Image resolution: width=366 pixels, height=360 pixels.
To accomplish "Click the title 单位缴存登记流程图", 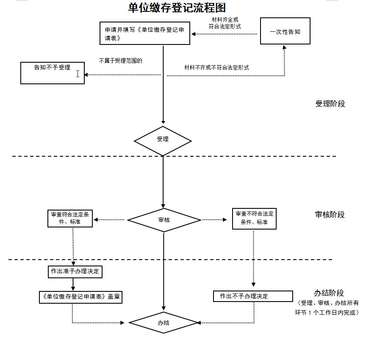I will click(177, 8).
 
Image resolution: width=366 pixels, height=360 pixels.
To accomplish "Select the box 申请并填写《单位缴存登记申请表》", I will click(144, 33).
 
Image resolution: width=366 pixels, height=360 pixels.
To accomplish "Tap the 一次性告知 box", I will click(285, 31).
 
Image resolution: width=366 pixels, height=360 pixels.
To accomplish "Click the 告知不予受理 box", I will click(53, 73).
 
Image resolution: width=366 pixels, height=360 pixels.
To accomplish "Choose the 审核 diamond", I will click(164, 220).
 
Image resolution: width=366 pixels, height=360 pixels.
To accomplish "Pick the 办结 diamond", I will click(164, 323).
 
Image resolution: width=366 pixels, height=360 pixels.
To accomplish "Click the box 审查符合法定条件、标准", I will click(70, 218).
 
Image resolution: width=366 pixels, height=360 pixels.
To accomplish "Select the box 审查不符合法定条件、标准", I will click(254, 218).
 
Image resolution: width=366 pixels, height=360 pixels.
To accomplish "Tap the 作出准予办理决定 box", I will click(75, 271).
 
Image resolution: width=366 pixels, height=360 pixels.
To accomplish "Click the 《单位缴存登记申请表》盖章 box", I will click(79, 297).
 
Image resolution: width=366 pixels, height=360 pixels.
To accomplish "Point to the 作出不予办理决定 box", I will click(252, 296).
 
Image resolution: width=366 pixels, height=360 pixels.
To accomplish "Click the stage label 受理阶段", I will click(330, 104).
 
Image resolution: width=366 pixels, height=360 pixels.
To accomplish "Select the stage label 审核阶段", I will click(330, 215).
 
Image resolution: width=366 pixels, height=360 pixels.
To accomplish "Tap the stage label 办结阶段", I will click(329, 293).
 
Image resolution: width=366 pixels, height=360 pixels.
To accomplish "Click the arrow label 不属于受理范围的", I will click(121, 61).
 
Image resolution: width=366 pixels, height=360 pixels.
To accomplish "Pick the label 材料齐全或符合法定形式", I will click(225, 23).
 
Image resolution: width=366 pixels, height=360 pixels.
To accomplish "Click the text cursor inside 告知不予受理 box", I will click(78, 74).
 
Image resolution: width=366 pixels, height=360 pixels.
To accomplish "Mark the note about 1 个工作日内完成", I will click(327, 308).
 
